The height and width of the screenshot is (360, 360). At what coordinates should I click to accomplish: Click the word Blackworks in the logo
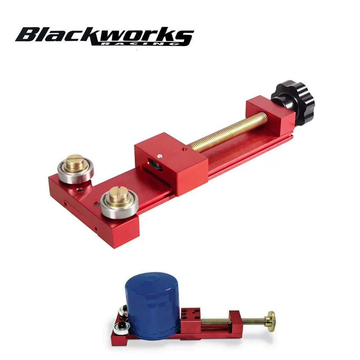tap(104, 35)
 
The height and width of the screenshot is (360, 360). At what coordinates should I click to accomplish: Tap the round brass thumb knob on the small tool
tap(270, 318)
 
